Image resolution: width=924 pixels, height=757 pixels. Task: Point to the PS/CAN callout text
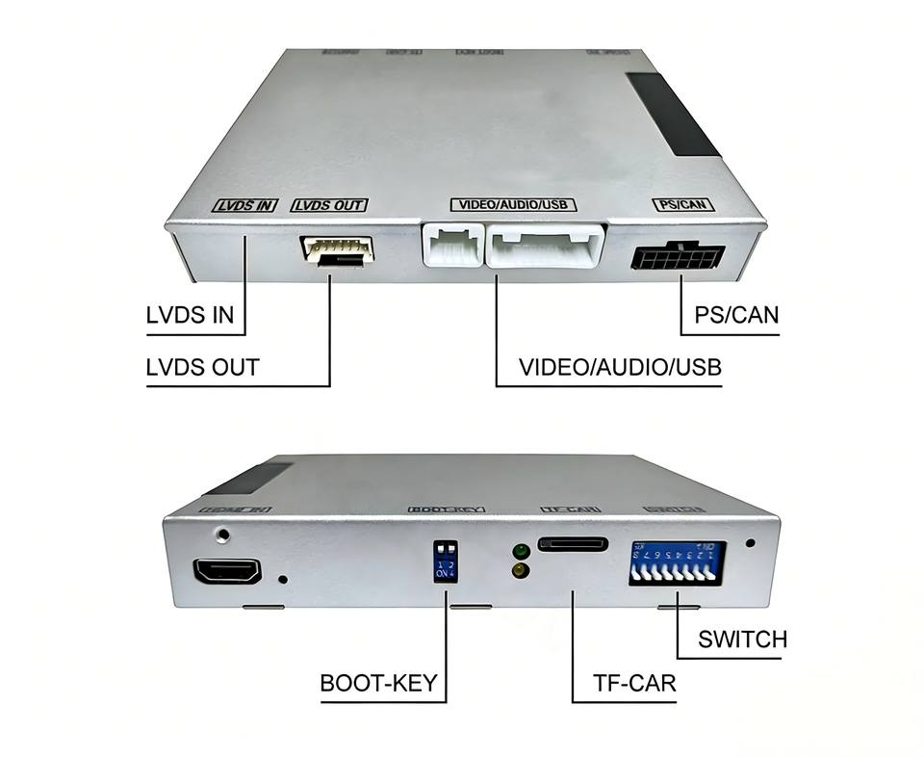(736, 315)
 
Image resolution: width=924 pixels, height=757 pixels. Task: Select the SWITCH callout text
(743, 639)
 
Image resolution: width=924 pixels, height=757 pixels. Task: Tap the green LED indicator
(520, 553)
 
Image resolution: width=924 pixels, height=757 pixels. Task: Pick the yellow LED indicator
(520, 571)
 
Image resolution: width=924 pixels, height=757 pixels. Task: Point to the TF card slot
(573, 544)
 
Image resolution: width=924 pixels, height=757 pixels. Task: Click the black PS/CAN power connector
(678, 258)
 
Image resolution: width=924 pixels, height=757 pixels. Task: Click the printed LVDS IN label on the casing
(244, 205)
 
